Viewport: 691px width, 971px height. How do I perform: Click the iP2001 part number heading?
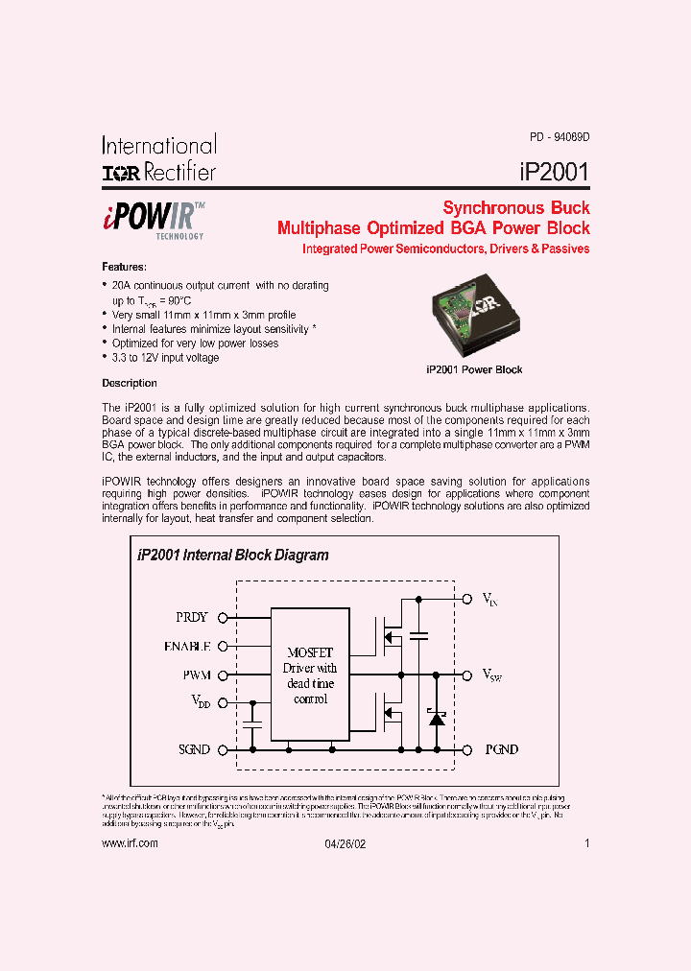(x=554, y=172)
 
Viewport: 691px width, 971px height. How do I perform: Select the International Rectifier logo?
(x=159, y=158)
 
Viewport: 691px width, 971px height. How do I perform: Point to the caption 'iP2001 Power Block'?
(x=474, y=369)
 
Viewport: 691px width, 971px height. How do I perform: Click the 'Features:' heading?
(x=124, y=266)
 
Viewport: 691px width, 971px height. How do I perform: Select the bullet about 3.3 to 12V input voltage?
(x=165, y=357)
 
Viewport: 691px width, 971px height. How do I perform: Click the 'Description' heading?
(x=130, y=383)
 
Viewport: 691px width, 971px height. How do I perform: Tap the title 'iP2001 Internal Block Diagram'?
(x=233, y=555)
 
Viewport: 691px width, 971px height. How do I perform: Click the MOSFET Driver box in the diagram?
(x=310, y=675)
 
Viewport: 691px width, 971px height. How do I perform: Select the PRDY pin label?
(x=192, y=618)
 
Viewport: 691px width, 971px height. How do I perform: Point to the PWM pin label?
(x=196, y=675)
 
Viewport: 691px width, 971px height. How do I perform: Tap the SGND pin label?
(x=193, y=749)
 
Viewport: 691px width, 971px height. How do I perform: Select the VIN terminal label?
(x=489, y=599)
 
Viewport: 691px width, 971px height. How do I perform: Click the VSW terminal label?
(x=491, y=675)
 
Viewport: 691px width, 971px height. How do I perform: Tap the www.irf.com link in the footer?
(x=129, y=842)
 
